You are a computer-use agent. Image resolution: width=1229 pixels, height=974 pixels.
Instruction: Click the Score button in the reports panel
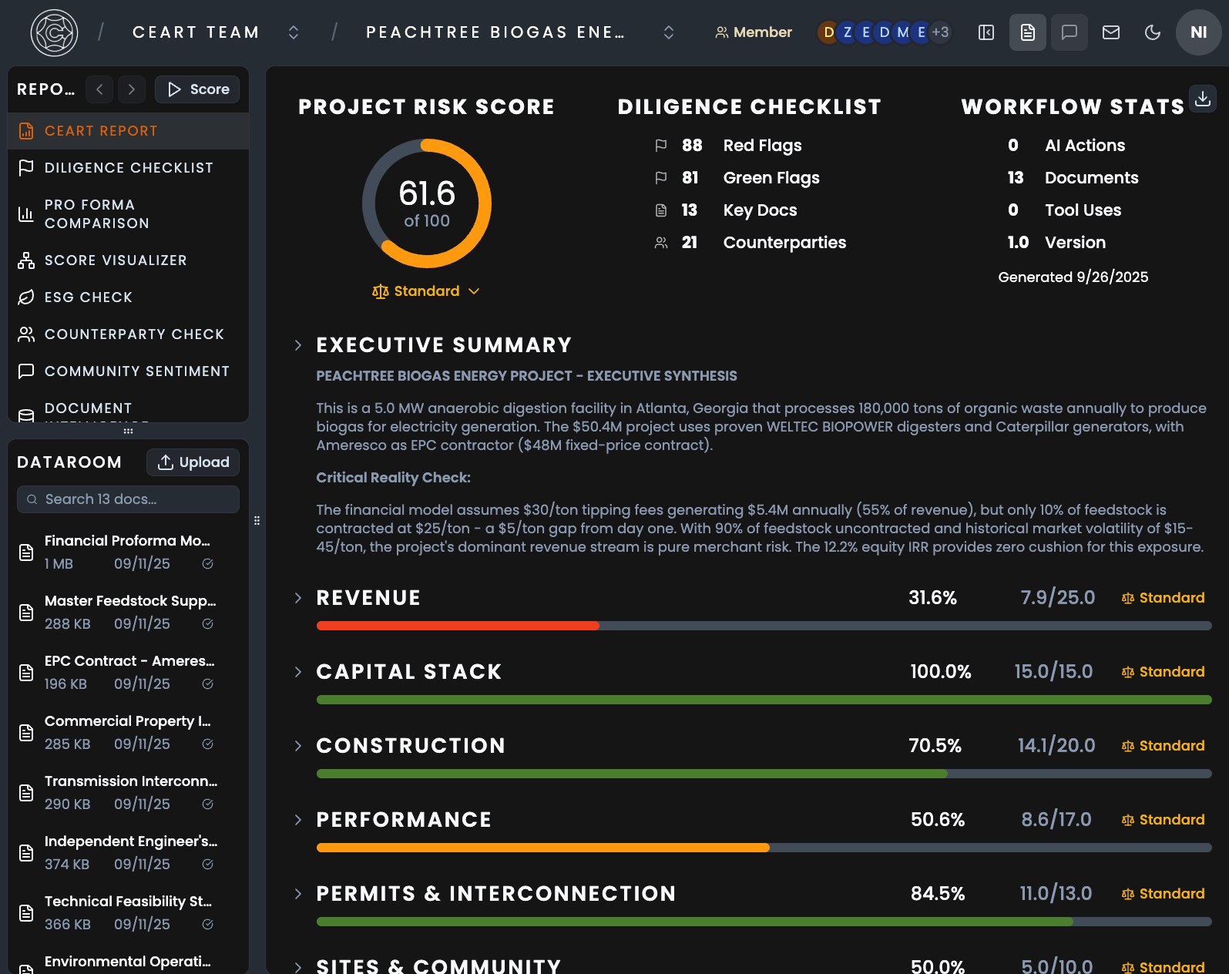click(x=197, y=89)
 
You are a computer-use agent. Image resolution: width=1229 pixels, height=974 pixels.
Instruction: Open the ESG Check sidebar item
click(x=88, y=297)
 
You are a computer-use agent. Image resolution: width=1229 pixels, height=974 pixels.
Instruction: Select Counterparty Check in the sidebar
click(x=134, y=334)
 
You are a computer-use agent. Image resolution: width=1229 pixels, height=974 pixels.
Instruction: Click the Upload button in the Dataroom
click(x=193, y=462)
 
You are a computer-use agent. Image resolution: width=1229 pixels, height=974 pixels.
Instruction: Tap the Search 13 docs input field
click(x=128, y=499)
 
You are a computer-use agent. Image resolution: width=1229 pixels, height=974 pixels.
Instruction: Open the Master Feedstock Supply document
click(x=129, y=601)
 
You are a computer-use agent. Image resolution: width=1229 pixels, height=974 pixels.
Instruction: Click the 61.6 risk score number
click(x=427, y=193)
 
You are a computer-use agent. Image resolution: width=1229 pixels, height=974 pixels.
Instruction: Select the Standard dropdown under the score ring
click(x=426, y=291)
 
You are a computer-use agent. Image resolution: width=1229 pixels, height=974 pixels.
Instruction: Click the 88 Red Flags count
click(x=691, y=146)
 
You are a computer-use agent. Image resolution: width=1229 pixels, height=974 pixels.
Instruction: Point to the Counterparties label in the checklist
click(x=784, y=243)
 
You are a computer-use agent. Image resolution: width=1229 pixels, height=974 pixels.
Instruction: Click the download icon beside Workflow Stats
click(x=1202, y=99)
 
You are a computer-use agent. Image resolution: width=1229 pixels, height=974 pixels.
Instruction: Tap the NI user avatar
click(x=1198, y=32)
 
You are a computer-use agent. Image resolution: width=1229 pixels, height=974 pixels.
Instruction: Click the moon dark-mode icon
click(x=1152, y=32)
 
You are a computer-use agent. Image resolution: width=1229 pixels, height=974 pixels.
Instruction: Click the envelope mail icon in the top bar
click(x=1110, y=32)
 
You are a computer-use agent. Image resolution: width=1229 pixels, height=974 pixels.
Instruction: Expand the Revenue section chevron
click(x=298, y=598)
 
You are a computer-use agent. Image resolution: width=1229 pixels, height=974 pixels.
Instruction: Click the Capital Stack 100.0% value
click(x=940, y=672)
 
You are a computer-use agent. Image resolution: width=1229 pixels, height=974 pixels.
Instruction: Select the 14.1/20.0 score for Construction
click(x=1056, y=746)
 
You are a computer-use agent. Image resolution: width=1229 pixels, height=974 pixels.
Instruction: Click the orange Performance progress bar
click(x=542, y=848)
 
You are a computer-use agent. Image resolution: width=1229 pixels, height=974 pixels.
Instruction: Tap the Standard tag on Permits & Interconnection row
click(x=1163, y=894)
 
